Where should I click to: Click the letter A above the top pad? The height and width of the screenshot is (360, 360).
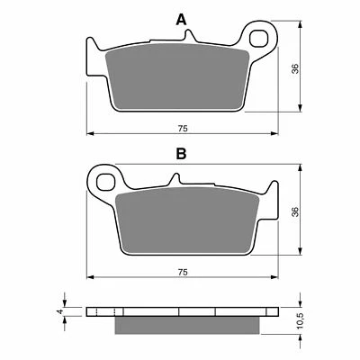coord(181,19)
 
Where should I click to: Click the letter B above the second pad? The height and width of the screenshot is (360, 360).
coord(181,154)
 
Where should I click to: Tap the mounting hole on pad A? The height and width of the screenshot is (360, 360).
coord(262,40)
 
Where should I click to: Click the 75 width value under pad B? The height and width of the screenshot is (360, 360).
coord(182,271)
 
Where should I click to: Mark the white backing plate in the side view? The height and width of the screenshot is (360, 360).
coord(180,312)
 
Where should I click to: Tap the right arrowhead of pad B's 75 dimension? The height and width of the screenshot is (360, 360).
coord(274,277)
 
